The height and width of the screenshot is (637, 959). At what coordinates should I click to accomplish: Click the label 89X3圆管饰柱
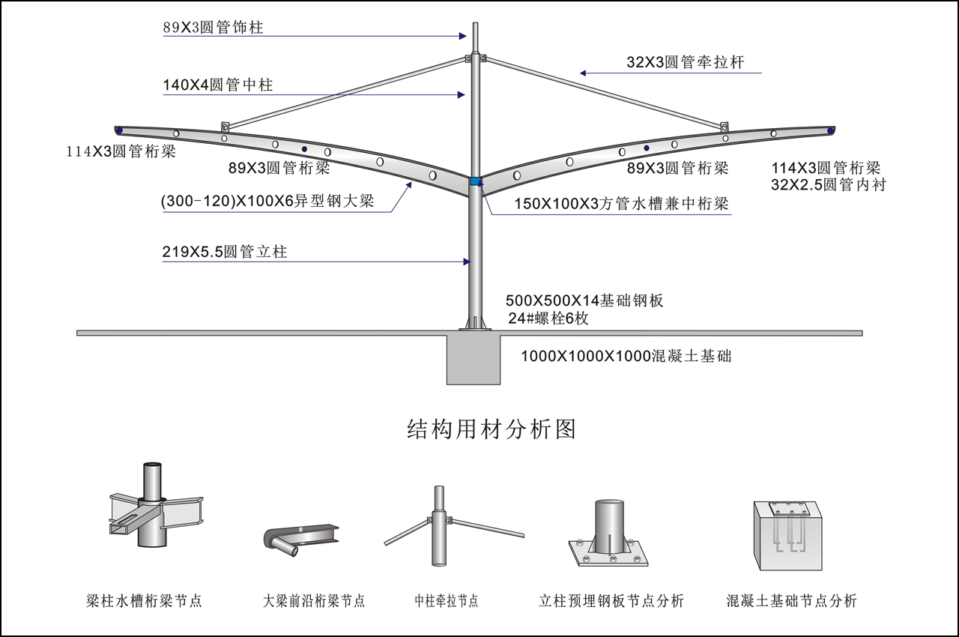tap(214, 28)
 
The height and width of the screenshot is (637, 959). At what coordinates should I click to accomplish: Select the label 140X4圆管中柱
tap(218, 85)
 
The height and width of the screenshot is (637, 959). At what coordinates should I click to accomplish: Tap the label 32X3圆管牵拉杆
tap(686, 62)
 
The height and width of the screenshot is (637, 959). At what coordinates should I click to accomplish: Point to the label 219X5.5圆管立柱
tap(225, 253)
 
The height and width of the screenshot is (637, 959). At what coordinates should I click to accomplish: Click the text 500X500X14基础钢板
tap(584, 301)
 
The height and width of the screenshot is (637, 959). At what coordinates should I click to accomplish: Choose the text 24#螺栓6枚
tap(548, 318)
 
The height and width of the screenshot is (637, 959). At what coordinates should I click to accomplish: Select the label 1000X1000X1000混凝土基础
tap(626, 357)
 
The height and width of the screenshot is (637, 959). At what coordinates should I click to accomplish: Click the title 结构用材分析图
tap(491, 429)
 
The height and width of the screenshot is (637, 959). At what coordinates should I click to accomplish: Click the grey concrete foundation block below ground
tap(474, 360)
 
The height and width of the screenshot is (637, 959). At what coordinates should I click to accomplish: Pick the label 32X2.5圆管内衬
tap(828, 184)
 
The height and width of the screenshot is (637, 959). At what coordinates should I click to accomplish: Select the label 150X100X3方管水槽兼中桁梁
tap(621, 204)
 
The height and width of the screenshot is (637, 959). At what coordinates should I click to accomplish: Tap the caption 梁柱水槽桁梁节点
tap(145, 601)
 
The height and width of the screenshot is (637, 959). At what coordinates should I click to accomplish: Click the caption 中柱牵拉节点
tap(447, 601)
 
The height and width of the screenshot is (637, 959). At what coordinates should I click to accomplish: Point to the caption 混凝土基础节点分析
tap(792, 601)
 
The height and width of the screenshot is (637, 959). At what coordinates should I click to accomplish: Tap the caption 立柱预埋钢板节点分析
tap(611, 601)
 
